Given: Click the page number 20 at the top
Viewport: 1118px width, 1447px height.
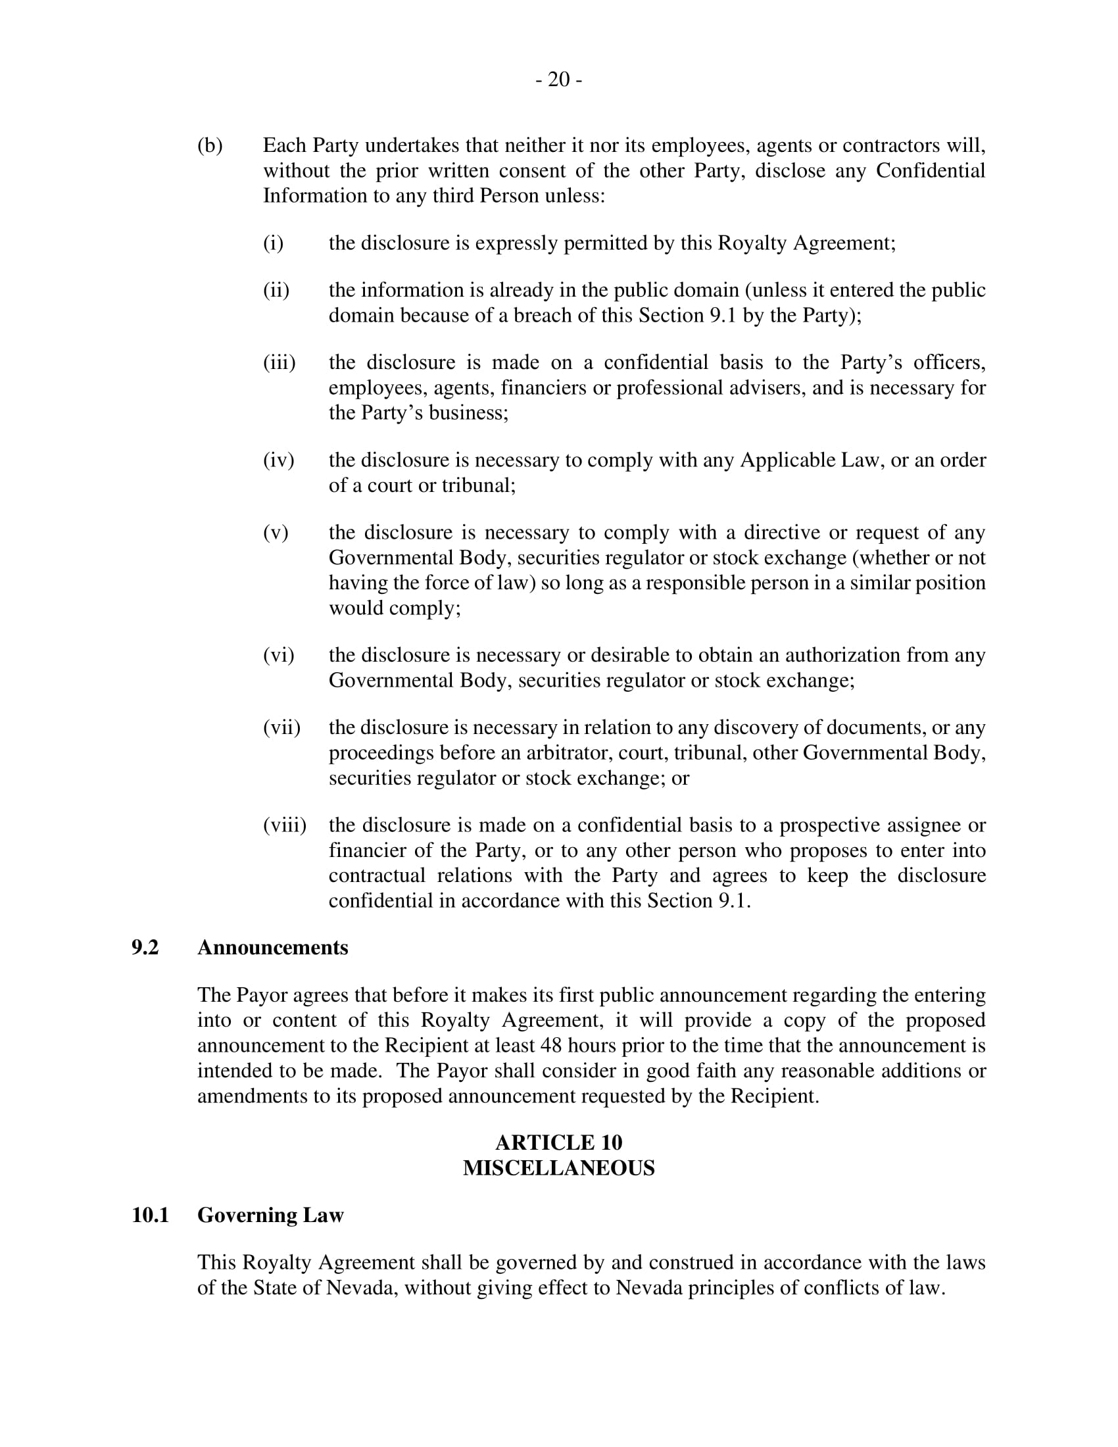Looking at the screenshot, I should [559, 80].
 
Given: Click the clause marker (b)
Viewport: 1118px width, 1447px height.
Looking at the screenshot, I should [210, 146].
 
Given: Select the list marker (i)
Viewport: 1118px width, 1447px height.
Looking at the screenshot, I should [273, 243].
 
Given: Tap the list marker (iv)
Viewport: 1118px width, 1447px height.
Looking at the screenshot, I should [278, 460].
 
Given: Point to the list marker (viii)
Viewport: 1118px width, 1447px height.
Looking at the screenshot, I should [285, 825].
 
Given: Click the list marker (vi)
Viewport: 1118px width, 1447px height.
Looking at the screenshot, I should [278, 655].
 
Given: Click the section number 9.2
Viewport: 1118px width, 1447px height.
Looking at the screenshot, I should [145, 947].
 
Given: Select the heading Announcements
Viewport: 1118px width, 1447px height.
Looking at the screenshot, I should [272, 947].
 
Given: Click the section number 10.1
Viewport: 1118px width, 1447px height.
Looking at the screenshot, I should [151, 1215].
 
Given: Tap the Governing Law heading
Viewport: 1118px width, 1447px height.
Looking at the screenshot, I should [270, 1215].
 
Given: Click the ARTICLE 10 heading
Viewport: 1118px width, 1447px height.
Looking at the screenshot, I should [558, 1142].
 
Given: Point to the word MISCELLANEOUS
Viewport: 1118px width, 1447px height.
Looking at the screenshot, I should [558, 1167].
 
